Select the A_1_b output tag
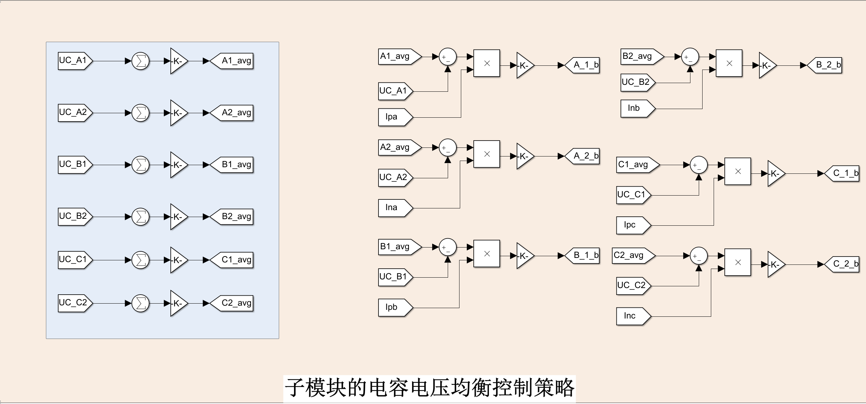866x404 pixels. click(x=583, y=65)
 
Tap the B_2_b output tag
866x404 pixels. click(x=825, y=65)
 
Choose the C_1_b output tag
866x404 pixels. click(x=842, y=173)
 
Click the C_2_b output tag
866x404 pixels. click(x=842, y=264)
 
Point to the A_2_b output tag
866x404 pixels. click(x=583, y=156)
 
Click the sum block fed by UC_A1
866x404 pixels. click(x=141, y=61)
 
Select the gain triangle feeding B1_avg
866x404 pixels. click(x=178, y=165)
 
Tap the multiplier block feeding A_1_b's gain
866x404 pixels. click(x=486, y=63)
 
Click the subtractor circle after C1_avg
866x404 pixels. click(x=699, y=165)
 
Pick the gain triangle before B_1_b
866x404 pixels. click(x=524, y=256)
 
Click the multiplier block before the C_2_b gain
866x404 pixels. click(x=738, y=262)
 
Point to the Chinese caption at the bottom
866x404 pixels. click(x=429, y=388)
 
